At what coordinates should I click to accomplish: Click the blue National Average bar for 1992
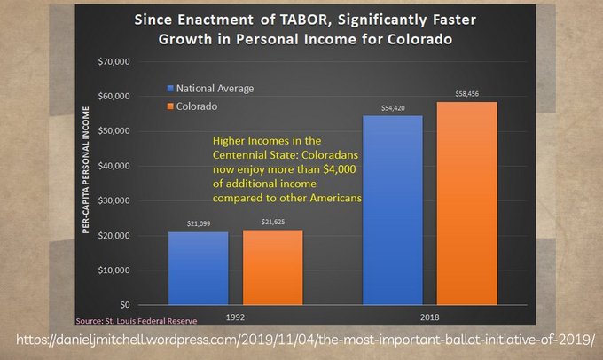pos(198,269)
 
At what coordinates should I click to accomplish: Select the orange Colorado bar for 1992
pos(271,268)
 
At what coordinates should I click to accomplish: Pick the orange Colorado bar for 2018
pos(466,203)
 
